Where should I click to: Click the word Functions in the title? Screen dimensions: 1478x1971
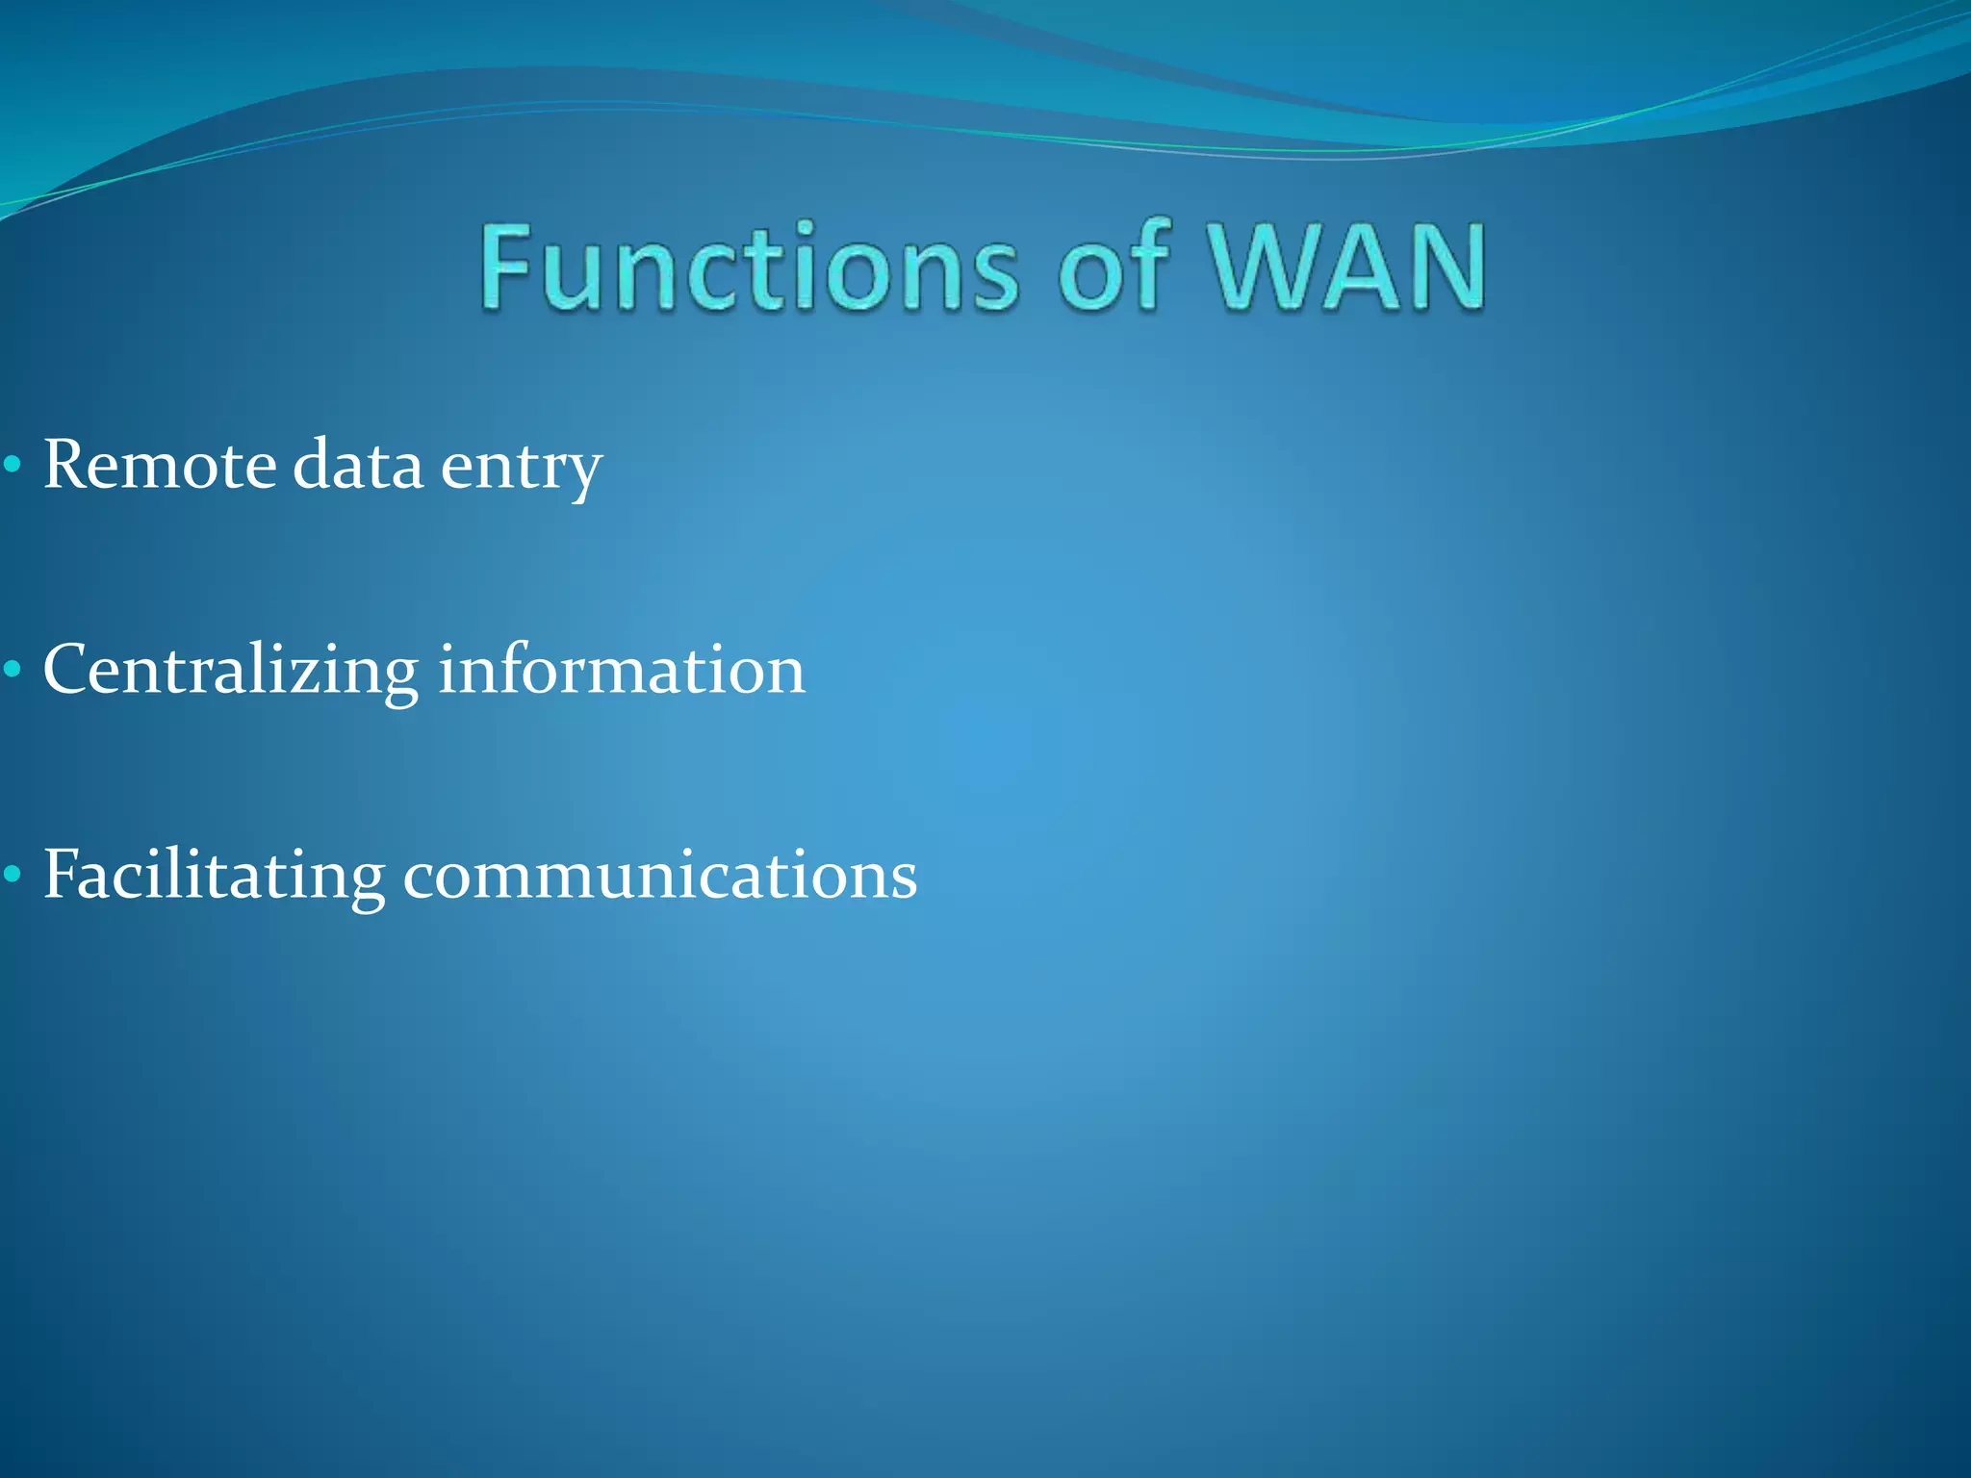[749, 268]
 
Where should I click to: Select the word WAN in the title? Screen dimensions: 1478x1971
[1348, 268]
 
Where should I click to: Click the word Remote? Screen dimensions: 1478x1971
[160, 466]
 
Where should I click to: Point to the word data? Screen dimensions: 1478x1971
[357, 466]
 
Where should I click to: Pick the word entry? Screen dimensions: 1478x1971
[521, 470]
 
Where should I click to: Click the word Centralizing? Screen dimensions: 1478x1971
[231, 672]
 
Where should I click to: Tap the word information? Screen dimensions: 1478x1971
[621, 670]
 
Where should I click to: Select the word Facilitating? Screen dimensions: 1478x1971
[214, 877]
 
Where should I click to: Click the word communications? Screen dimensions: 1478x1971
[659, 877]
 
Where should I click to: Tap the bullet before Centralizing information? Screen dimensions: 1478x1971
[12, 671]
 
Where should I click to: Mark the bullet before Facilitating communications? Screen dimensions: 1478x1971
[12, 876]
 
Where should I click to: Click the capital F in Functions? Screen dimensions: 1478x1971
[506, 267]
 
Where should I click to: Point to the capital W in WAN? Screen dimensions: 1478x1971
[1266, 268]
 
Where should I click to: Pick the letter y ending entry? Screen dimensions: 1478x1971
[581, 472]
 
